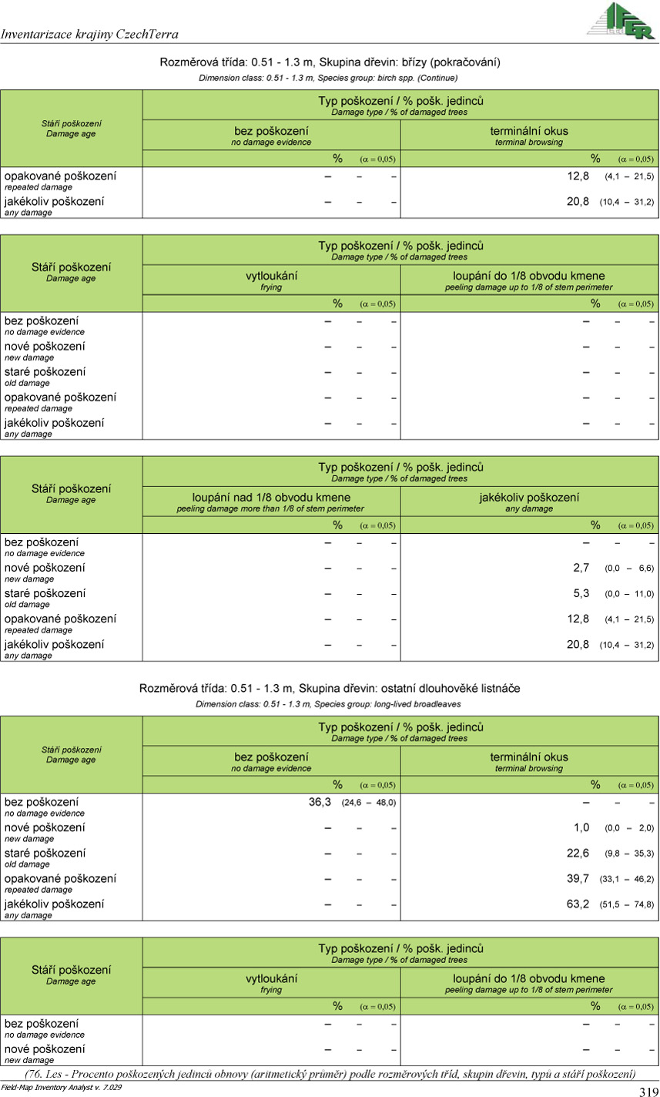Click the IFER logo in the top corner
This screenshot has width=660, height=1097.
[x=620, y=21]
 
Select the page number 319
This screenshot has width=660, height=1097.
[x=648, y=1091]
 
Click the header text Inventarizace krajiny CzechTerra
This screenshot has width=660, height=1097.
[x=90, y=34]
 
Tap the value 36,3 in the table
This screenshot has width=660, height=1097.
[x=320, y=802]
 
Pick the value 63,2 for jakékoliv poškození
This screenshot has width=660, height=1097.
[x=578, y=904]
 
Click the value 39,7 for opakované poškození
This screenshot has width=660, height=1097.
[x=578, y=878]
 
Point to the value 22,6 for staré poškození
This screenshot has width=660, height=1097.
[x=578, y=853]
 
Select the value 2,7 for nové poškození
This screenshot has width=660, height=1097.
[x=581, y=568]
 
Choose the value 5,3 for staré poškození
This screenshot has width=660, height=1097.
[x=581, y=593]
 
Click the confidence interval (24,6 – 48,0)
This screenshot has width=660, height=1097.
[x=369, y=803]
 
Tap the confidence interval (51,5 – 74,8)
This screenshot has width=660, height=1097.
[x=627, y=904]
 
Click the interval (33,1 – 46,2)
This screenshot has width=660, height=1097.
[x=627, y=879]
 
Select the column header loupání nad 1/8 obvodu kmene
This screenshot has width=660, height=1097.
[x=271, y=498]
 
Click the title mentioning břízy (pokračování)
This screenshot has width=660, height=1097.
[x=330, y=62]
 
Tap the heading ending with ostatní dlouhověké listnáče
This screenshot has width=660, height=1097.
[x=330, y=688]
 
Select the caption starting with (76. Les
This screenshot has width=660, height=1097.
[x=330, y=1074]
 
